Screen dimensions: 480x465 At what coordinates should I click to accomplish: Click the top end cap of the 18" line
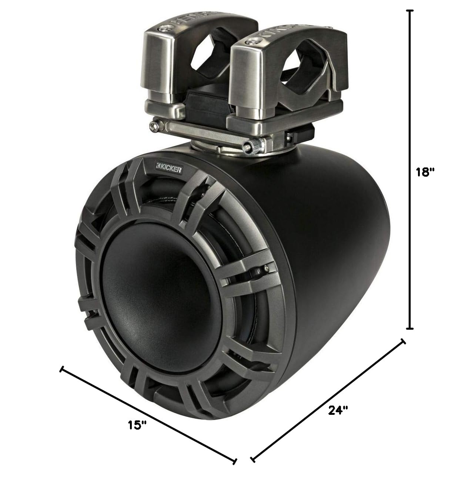409,11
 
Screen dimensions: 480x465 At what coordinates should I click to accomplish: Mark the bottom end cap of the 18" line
409,328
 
